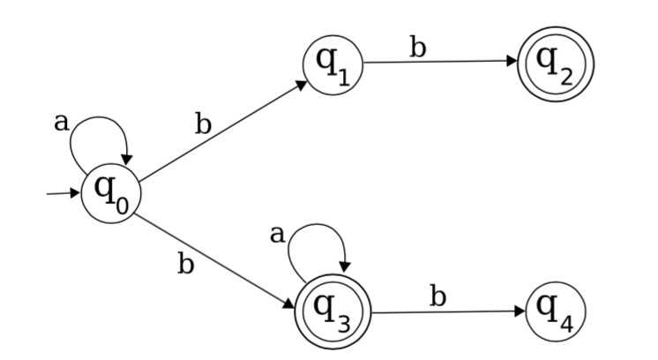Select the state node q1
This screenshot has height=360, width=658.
(333, 64)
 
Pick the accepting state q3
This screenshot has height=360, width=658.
(335, 311)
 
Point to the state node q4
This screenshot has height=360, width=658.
(557, 311)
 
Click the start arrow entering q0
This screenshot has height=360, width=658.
(62, 194)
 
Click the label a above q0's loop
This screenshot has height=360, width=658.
(61, 123)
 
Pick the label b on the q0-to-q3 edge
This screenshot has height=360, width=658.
(185, 265)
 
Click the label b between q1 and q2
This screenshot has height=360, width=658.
(418, 48)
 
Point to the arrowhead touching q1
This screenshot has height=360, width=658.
(302, 85)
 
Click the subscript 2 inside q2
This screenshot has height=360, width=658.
(566, 74)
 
